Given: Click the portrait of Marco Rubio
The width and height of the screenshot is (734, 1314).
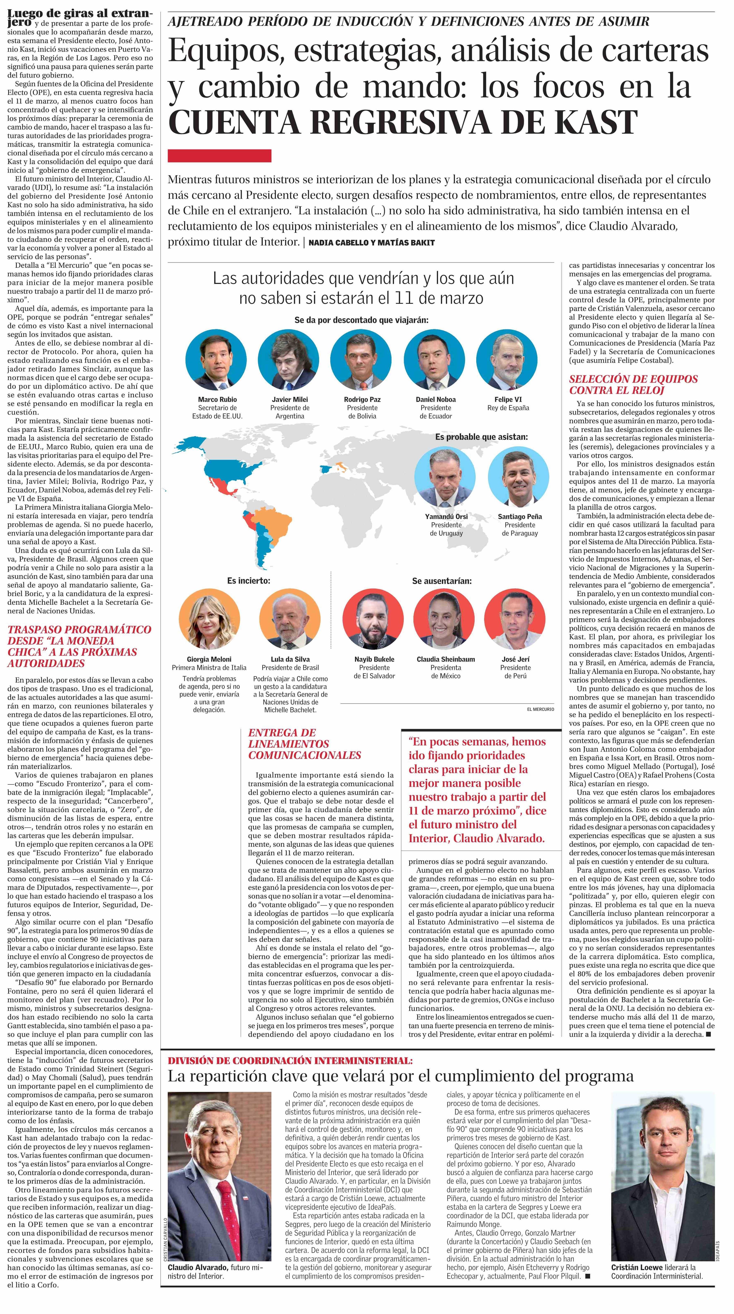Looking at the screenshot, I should (216, 360).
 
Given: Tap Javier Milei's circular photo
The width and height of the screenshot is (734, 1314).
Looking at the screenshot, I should (289, 360).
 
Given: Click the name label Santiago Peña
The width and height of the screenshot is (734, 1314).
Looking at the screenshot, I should (520, 516).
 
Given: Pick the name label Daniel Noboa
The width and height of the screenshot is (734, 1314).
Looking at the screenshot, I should (435, 399).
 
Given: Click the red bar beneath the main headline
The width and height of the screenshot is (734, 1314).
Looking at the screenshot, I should (219, 156).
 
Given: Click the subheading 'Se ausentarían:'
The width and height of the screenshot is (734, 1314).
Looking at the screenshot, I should (442, 580).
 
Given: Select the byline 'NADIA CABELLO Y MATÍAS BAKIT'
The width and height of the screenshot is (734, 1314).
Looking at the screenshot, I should (371, 243).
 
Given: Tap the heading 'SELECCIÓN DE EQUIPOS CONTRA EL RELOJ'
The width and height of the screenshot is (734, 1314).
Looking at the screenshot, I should (633, 385).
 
